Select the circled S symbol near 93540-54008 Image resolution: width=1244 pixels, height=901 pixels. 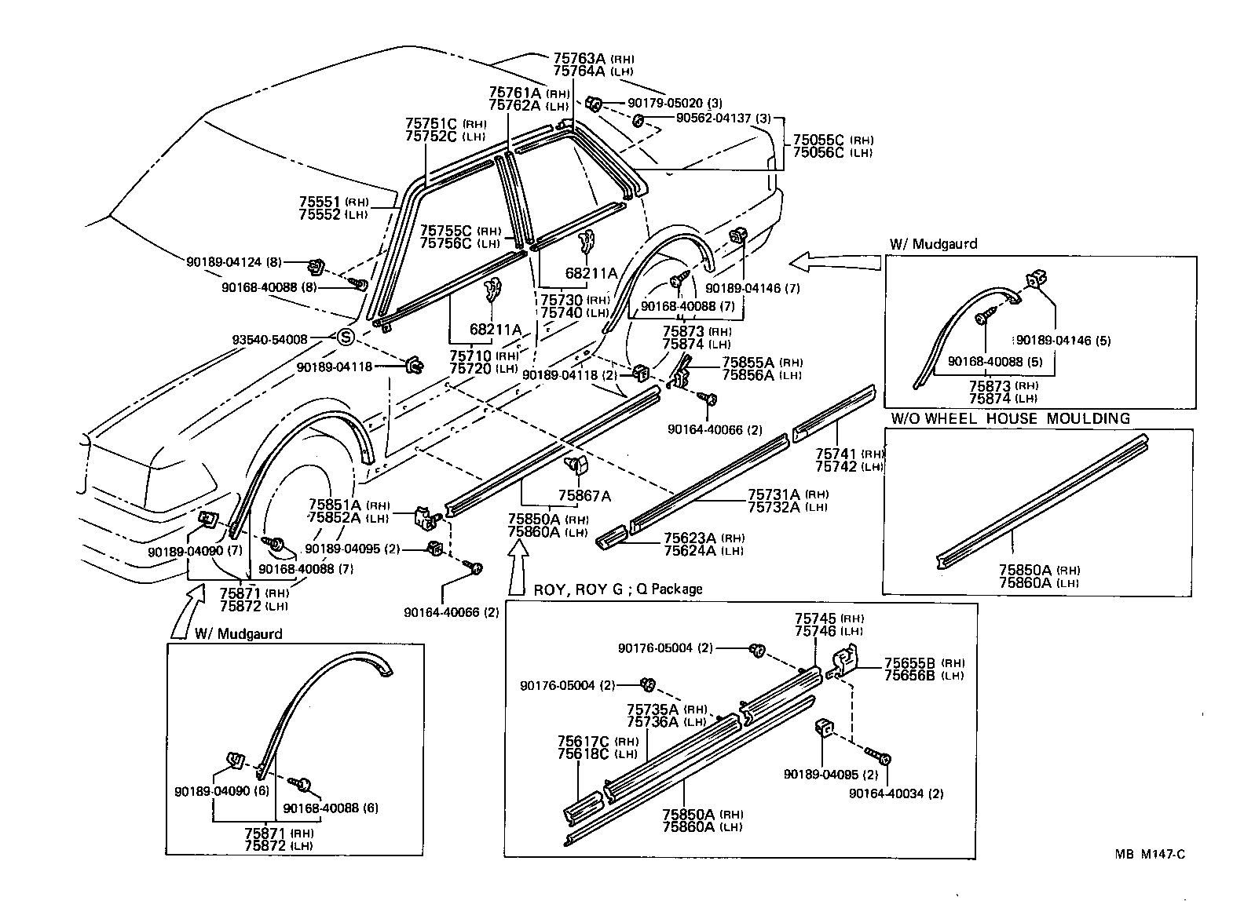(346, 338)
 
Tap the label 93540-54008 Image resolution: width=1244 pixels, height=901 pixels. (269, 340)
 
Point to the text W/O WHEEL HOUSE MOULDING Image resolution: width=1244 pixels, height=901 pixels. (1009, 418)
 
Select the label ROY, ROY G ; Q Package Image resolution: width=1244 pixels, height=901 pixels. (617, 589)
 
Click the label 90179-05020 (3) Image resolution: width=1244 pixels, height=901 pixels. (675, 103)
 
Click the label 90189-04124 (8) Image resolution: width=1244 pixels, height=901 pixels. (234, 261)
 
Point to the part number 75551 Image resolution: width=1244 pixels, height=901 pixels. (318, 202)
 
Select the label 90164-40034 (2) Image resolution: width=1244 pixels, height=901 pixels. (896, 793)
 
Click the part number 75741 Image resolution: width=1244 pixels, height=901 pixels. (836, 453)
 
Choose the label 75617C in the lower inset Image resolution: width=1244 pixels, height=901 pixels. (584, 741)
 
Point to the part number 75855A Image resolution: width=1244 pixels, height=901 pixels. (748, 362)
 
